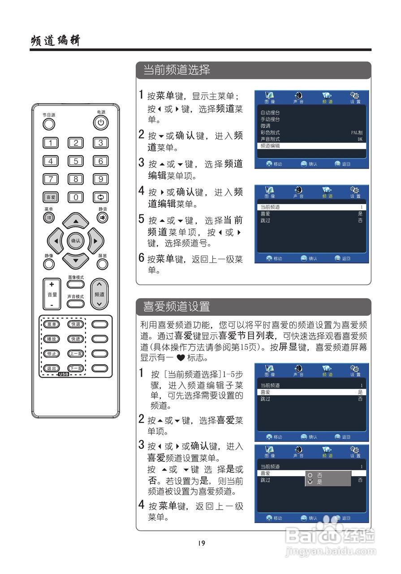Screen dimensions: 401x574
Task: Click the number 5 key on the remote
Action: click(76, 161)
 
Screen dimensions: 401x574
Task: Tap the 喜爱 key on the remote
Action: click(51, 197)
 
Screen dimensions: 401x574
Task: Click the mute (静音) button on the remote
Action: click(103, 217)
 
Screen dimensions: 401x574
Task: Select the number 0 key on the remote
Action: click(76, 197)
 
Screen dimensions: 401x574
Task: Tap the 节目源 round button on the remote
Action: click(49, 124)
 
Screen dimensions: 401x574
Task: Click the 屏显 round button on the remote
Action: click(103, 264)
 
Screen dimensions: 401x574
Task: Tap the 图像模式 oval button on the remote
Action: click(76, 284)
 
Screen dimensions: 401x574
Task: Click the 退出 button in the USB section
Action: click(52, 368)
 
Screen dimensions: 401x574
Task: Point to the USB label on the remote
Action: click(64, 374)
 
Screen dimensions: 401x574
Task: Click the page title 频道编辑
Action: click(56, 40)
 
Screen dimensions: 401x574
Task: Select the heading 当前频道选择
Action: click(177, 70)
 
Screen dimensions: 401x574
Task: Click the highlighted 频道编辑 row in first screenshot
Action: click(311, 146)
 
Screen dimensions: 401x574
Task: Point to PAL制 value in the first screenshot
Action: click(357, 132)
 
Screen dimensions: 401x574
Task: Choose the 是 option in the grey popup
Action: click(319, 482)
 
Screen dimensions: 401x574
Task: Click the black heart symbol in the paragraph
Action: click(181, 357)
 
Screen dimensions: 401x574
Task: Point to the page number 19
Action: click(202, 543)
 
